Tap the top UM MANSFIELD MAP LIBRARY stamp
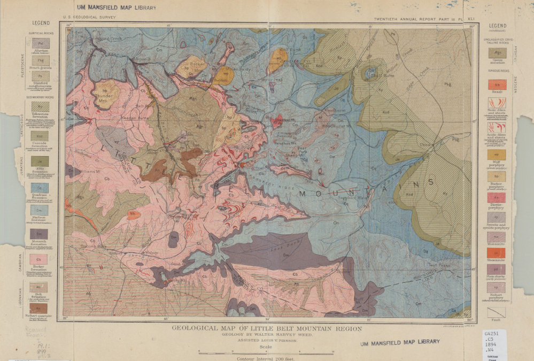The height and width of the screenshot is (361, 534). (x=117, y=8)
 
